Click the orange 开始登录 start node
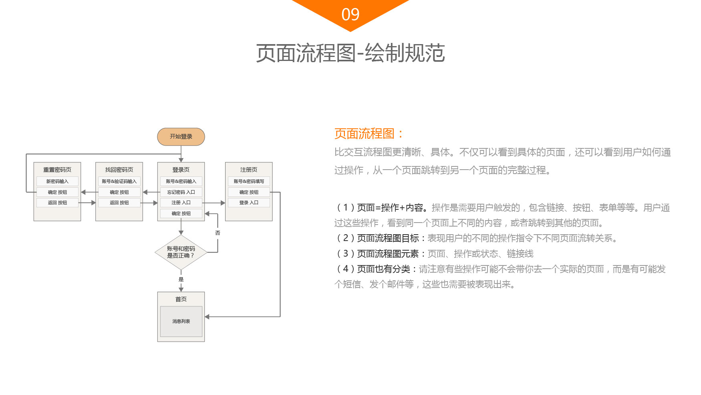click(181, 137)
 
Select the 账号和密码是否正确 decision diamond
click(181, 252)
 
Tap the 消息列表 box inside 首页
click(181, 321)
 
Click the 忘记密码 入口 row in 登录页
click(181, 192)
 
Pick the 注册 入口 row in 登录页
click(181, 203)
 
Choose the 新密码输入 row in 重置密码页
click(57, 181)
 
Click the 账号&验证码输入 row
click(119, 181)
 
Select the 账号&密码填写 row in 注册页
click(249, 181)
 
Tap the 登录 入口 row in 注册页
click(249, 203)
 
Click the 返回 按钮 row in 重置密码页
click(57, 203)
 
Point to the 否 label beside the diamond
click(218, 233)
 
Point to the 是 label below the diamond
click(181, 279)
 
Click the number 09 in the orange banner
click(350, 15)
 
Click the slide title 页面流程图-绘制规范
click(350, 53)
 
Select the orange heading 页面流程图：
click(369, 134)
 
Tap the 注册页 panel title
click(249, 170)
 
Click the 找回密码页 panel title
click(119, 170)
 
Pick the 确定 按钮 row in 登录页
click(181, 213)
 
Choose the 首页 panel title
click(181, 299)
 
